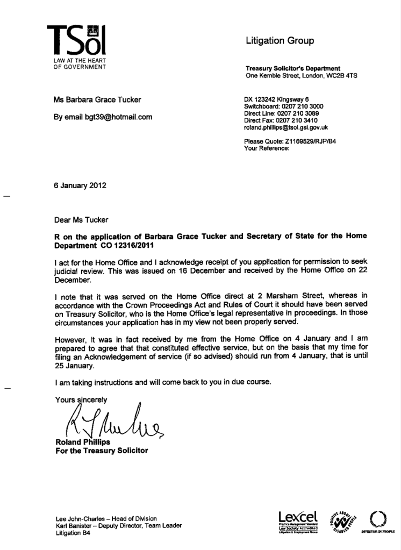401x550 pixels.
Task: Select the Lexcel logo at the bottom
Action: point(295,520)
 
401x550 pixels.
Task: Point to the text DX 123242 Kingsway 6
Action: point(276,99)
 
